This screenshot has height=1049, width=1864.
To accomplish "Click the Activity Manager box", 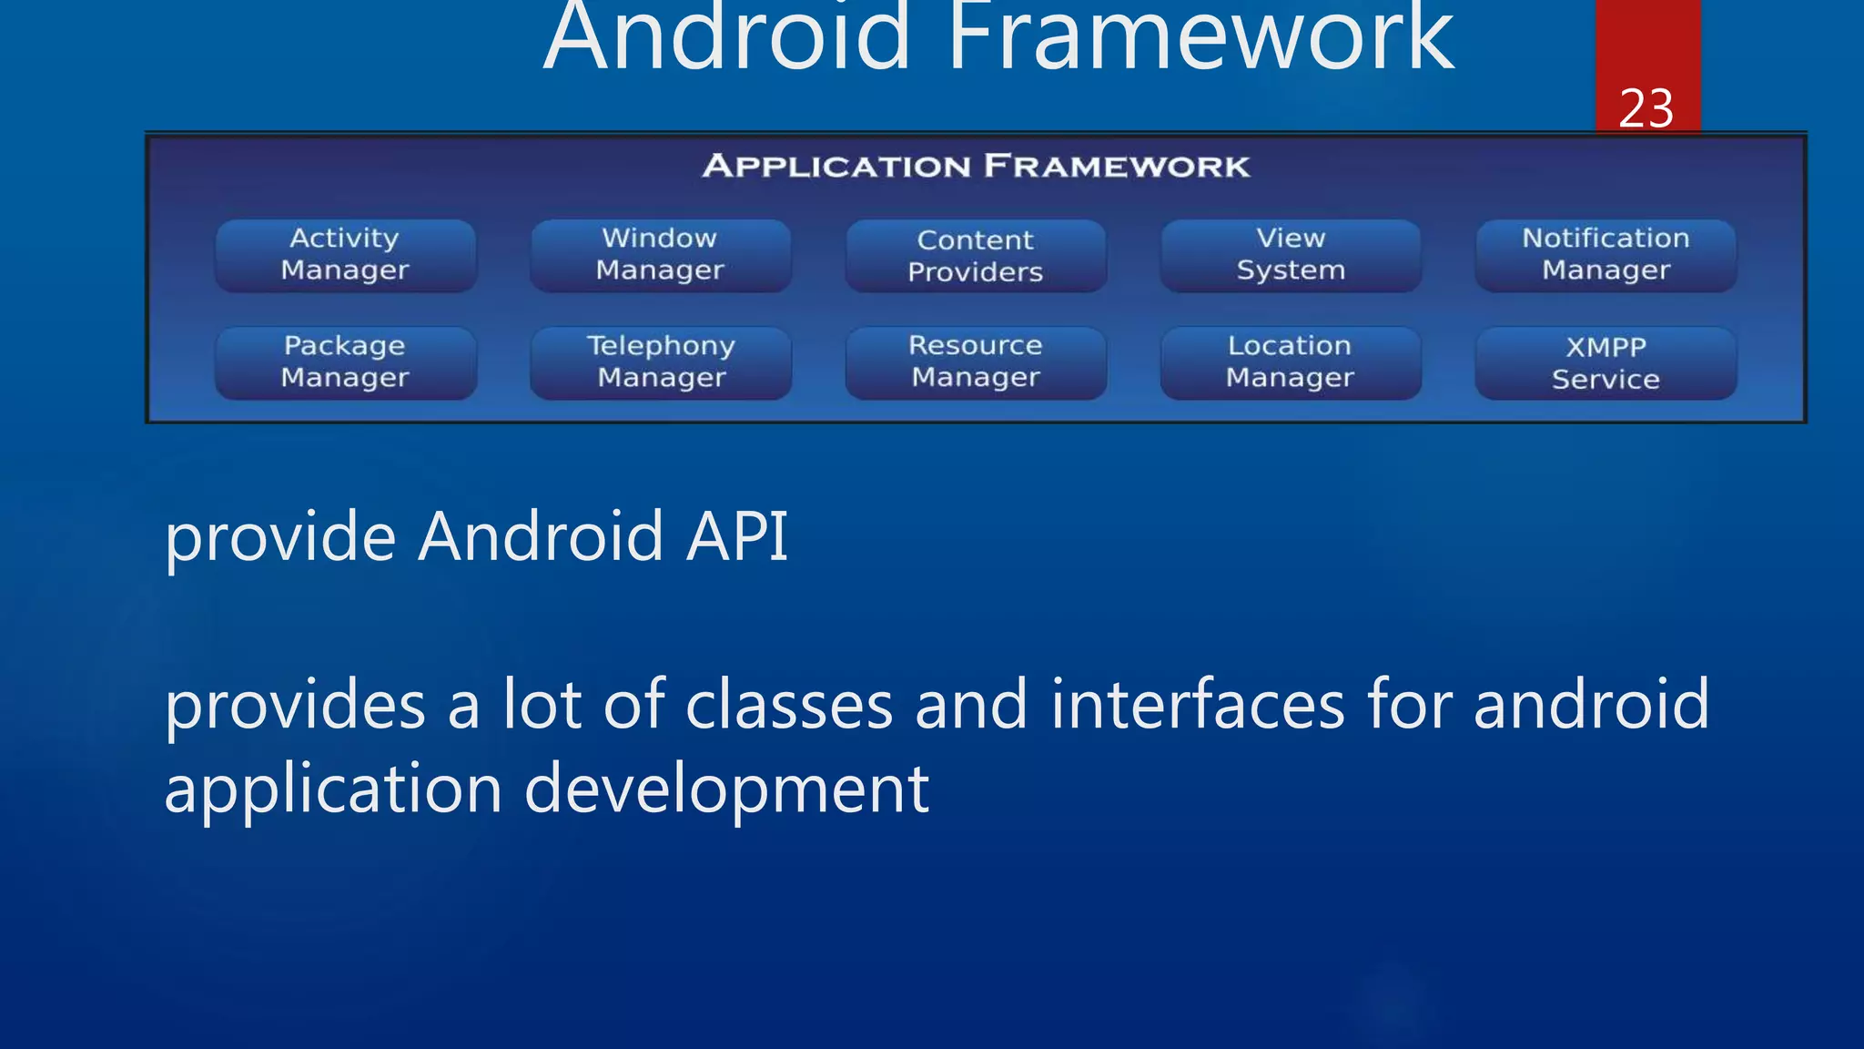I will click(x=345, y=255).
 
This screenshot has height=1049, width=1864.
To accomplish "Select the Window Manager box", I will click(x=660, y=255).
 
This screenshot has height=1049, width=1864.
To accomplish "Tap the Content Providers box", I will click(x=975, y=256).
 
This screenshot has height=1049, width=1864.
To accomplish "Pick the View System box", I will click(x=1290, y=255).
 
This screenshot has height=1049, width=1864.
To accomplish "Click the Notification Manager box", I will click(x=1606, y=255).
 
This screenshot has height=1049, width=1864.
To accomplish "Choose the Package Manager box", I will click(x=345, y=362).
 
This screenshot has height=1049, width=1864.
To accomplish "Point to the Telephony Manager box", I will click(x=661, y=362).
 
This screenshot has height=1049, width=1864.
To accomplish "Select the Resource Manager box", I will click(x=975, y=362).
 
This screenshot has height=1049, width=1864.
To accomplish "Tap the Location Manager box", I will click(x=1290, y=362).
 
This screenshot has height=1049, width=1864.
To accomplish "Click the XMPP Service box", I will click(x=1606, y=363).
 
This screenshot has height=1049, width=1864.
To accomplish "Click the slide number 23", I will click(x=1646, y=109).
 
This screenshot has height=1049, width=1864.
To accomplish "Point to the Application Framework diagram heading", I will click(x=976, y=167).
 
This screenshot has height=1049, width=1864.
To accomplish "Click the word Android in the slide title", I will click(x=726, y=38).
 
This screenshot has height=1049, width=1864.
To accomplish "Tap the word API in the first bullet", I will click(x=736, y=536).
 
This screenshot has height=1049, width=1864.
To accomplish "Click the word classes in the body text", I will click(x=788, y=705).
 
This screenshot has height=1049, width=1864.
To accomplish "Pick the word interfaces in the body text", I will click(x=1197, y=705).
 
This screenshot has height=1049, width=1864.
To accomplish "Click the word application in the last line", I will click(x=333, y=789).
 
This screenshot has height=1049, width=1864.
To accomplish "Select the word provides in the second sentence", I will click(x=295, y=707).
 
